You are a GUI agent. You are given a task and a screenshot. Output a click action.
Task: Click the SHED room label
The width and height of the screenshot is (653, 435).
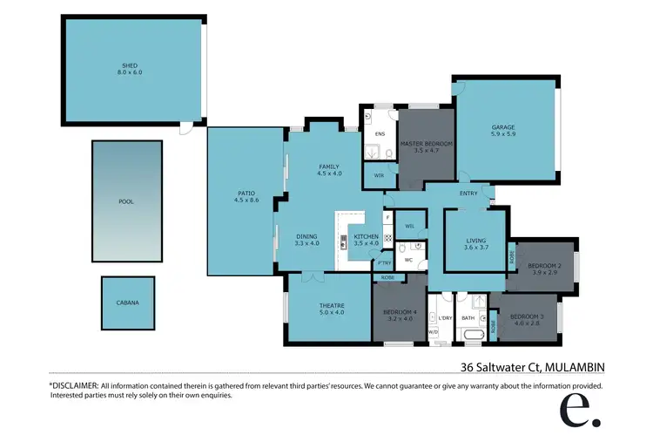[x=129, y=65]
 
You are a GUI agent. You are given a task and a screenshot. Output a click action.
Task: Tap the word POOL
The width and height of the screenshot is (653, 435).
[x=126, y=201]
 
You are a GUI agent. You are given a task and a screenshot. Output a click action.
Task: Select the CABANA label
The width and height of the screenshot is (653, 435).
[x=127, y=303]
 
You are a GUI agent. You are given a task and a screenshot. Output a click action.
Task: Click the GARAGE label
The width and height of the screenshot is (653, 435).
[x=503, y=128]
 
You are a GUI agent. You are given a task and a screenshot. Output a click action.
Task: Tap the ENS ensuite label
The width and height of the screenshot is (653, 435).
[x=380, y=134]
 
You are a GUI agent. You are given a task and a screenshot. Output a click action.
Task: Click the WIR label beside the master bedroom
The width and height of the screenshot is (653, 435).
[x=379, y=175]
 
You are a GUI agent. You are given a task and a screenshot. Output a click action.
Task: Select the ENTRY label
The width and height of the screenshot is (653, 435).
[x=468, y=194]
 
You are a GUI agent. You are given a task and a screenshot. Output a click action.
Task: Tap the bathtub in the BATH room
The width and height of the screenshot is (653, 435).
[x=474, y=336]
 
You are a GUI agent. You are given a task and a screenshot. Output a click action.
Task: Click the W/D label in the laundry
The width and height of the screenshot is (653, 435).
[x=433, y=332]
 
